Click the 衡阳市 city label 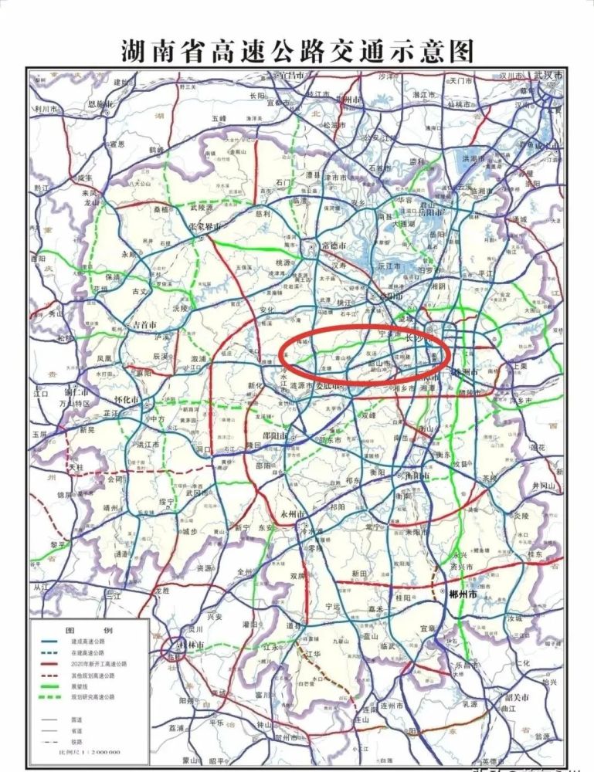click(x=418, y=476)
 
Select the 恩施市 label click(x=100, y=103)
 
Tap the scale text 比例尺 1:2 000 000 click(x=92, y=753)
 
